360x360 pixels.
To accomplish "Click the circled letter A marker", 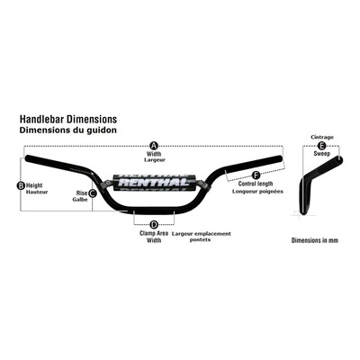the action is pos(154,146).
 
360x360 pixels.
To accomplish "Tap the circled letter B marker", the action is pos(21,185).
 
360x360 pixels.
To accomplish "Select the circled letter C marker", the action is pos(93,193).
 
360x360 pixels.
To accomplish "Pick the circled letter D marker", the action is pos(154,224).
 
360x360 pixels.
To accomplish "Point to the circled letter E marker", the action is pos(321,146).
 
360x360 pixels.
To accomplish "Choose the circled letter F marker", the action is pos(256,175).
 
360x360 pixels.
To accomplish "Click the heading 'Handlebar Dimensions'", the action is pos(68,119).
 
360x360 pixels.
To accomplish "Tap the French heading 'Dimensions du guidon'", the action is pos(68,130).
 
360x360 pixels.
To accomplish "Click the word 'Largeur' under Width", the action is pos(155,160).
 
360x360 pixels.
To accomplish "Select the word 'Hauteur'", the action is pos(37,192).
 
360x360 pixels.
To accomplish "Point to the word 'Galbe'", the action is pos(80,200).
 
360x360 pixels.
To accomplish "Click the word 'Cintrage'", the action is pos(322,137).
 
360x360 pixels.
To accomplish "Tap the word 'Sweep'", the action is pos(322,154).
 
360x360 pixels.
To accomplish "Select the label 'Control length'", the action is pos(256,184).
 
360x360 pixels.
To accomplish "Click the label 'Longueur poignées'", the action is pos(257,192).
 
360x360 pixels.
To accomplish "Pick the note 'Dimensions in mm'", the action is pos(315,240).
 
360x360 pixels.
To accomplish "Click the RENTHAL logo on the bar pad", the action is pos(154,182).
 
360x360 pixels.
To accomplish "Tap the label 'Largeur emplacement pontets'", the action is pos(202,237).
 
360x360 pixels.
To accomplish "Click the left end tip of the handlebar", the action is pos(26,158).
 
